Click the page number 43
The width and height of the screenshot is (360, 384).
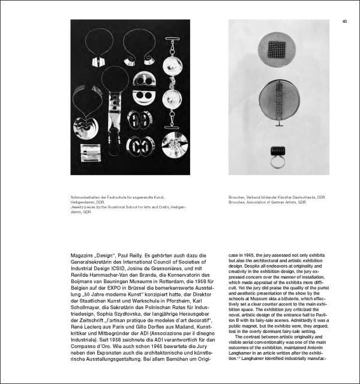(x=345, y=22)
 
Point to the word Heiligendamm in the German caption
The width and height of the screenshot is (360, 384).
(x=83, y=203)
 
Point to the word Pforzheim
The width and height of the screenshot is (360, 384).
(x=163, y=295)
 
